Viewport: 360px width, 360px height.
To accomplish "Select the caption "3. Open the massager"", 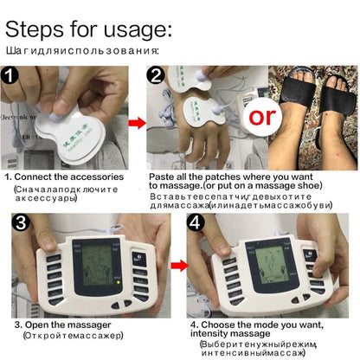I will click(x=62, y=325).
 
